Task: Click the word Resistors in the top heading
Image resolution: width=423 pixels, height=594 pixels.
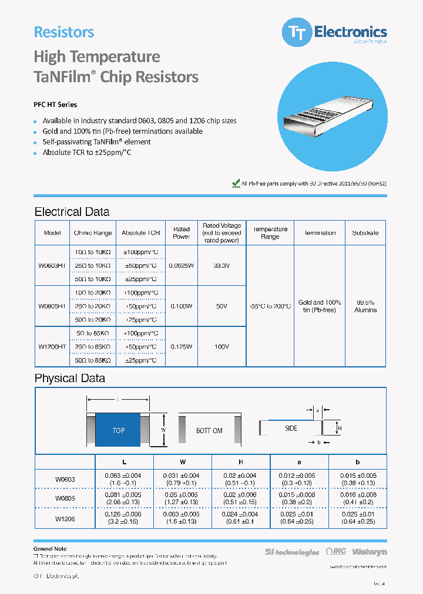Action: [64, 32]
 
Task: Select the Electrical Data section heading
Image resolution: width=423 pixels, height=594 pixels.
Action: [72, 212]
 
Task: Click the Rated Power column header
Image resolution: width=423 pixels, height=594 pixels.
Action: [182, 233]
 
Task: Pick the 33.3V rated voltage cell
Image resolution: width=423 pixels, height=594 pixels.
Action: [221, 265]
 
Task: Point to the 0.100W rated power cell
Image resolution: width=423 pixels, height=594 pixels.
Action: [182, 306]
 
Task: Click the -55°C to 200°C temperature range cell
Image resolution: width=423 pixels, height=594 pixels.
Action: [270, 306]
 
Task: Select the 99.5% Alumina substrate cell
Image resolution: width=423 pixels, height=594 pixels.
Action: [365, 306]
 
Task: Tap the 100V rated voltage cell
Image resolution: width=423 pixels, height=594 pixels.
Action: [221, 347]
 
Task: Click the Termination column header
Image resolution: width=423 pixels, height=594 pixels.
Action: [320, 233]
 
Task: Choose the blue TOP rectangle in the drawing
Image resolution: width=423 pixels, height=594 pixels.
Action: [118, 430]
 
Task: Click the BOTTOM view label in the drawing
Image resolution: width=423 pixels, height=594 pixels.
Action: [209, 431]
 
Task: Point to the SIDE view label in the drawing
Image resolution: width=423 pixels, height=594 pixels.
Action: [291, 428]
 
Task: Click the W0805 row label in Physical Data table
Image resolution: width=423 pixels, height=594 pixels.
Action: [65, 498]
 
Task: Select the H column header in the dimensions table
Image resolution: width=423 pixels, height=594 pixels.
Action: [241, 462]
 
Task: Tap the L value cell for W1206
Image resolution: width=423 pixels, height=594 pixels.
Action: [124, 519]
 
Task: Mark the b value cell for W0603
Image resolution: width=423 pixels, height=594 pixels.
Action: [357, 479]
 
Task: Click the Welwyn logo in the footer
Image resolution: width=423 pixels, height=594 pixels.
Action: [370, 552]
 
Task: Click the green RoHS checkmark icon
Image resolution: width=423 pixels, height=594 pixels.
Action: [236, 183]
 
